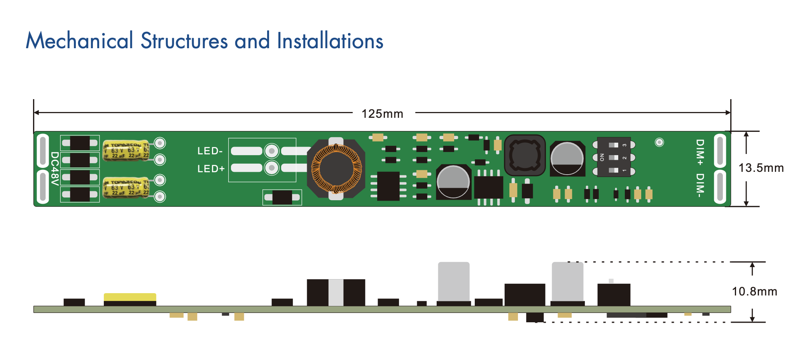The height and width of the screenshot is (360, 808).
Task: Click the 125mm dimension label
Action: (382, 114)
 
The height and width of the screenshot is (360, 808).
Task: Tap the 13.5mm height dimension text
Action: (761, 168)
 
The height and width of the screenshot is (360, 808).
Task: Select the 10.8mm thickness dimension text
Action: (754, 292)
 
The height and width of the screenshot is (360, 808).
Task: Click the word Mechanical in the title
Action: (79, 41)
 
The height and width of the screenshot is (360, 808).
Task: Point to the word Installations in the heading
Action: (330, 41)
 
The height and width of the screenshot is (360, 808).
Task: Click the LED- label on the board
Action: (210, 151)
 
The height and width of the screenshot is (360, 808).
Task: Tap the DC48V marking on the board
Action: (55, 169)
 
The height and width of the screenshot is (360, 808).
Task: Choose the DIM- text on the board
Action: (700, 185)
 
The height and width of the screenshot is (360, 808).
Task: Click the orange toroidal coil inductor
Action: (337, 169)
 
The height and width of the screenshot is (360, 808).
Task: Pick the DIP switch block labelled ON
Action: (614, 157)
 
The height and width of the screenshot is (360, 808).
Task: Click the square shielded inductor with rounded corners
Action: (525, 155)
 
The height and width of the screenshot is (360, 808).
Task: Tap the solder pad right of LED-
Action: (271, 151)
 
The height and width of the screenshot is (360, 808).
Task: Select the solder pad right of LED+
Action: (271, 168)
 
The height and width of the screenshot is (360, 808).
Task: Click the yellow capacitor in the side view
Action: (130, 297)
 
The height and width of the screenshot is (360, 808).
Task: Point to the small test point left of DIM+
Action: (659, 142)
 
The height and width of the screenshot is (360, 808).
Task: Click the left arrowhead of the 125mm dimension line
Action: (36, 113)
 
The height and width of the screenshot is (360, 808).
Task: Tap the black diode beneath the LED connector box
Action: (282, 197)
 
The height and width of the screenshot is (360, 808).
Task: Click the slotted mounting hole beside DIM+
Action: (720, 151)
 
